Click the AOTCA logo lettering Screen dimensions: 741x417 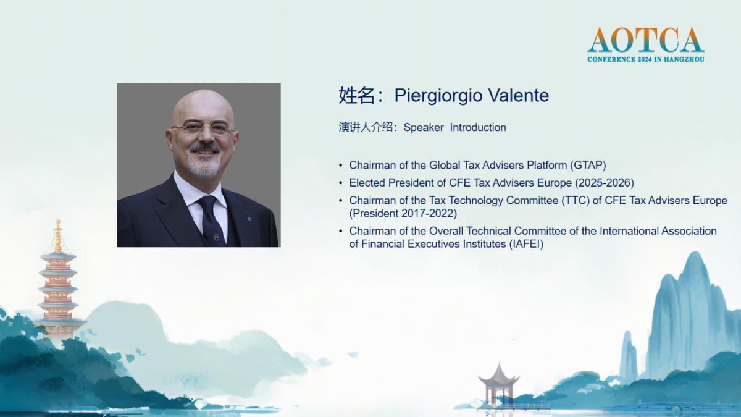click(645, 40)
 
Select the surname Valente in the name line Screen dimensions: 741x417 click(518, 95)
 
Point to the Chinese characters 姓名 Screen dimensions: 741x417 click(357, 95)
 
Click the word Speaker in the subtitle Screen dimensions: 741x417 click(424, 128)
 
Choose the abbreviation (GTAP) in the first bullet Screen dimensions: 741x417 click(587, 165)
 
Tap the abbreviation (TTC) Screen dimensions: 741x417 click(576, 200)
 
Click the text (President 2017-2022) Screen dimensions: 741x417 click(403, 214)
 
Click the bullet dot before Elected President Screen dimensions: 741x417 click(341, 183)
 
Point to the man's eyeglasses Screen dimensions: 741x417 click(203, 128)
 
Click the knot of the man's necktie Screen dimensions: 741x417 click(207, 203)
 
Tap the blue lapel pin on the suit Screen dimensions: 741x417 click(248, 219)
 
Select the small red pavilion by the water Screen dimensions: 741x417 click(498, 386)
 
